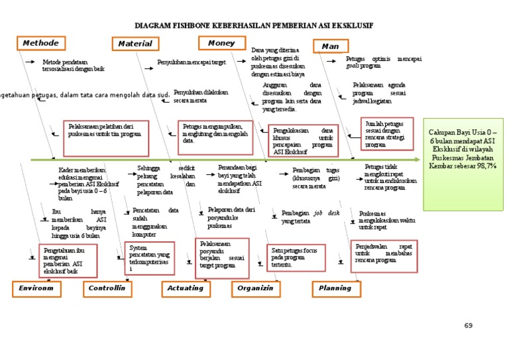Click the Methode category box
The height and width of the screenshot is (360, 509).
40,43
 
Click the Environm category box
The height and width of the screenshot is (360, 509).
36,288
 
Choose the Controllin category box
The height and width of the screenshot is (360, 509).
107,288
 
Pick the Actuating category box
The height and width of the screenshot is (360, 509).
185,288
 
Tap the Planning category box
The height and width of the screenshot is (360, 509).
335,288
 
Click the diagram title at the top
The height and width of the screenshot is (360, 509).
254,25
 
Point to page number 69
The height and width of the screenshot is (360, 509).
469,326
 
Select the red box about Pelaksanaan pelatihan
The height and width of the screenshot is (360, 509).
105,138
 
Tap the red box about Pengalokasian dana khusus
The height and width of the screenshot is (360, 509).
303,141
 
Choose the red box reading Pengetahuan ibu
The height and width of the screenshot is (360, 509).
67,260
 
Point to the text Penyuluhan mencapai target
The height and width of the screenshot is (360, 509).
192,62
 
